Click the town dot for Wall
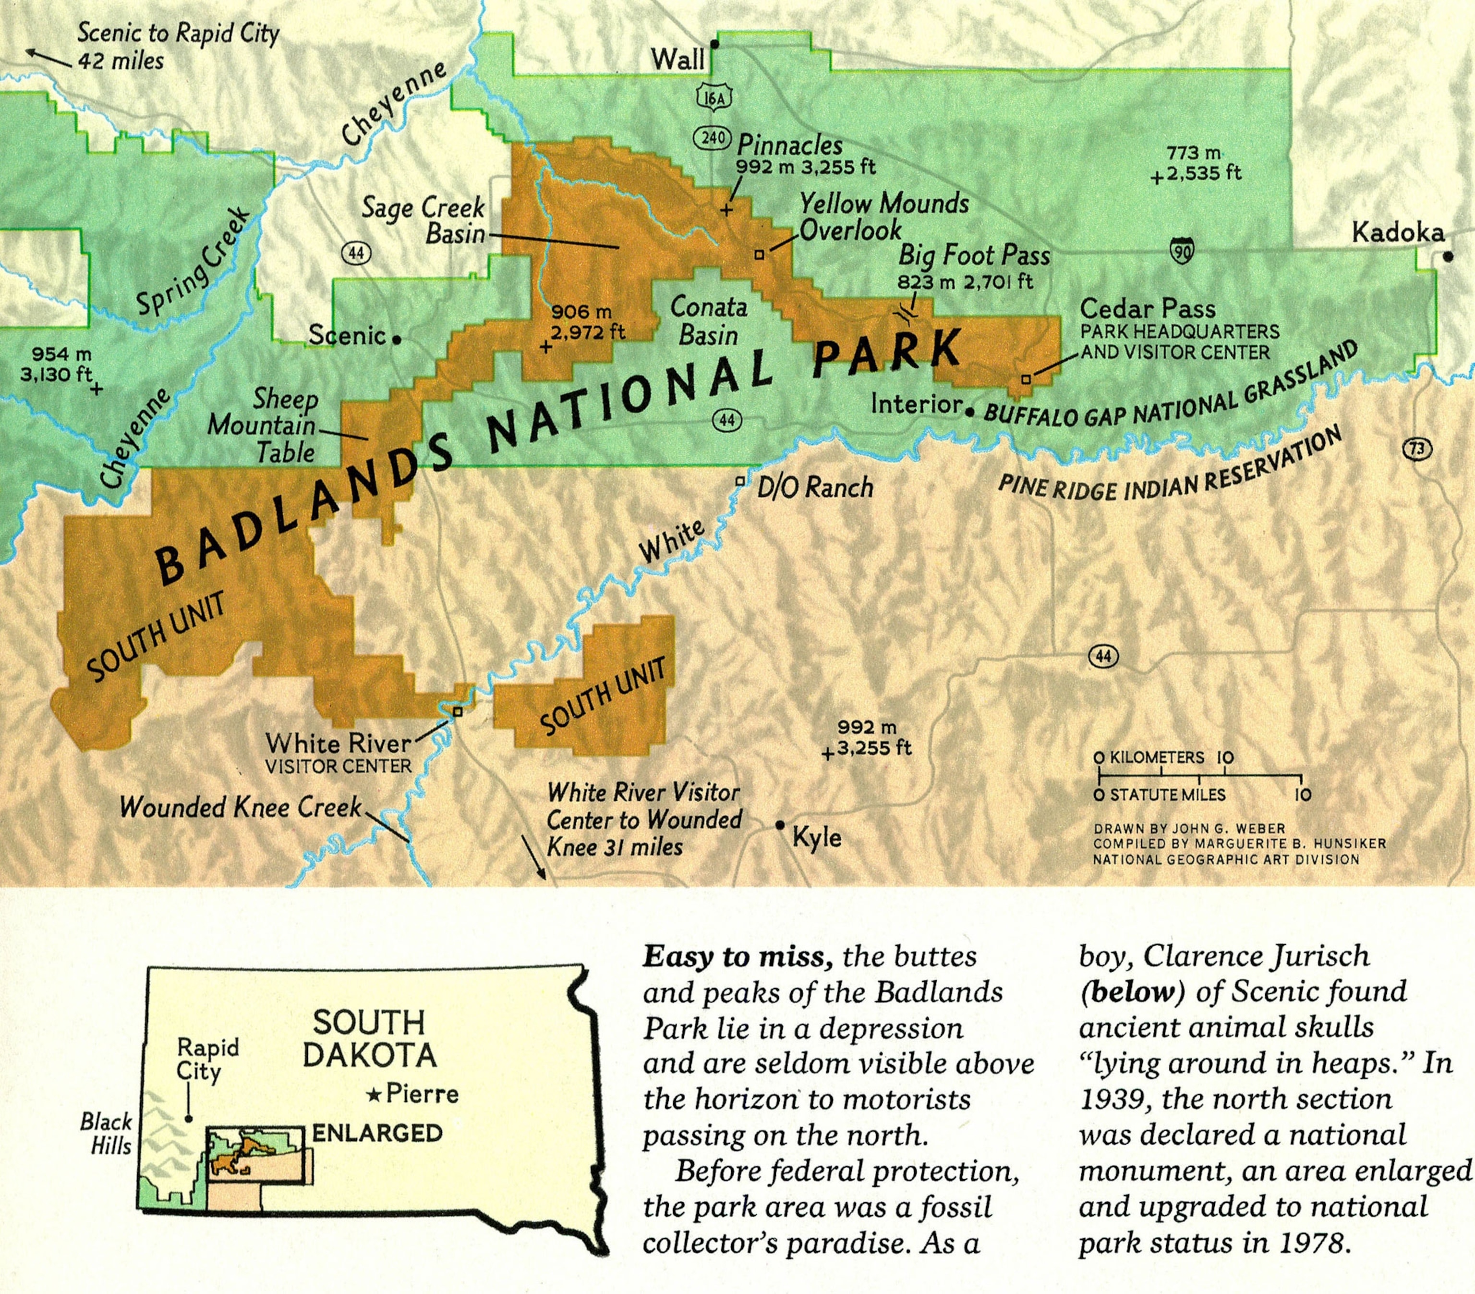[714, 45]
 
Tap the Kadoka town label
[1398, 232]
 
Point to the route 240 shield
[713, 137]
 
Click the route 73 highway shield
[1417, 449]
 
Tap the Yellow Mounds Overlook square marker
[759, 254]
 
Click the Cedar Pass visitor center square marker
[1026, 379]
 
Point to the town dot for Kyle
[780, 825]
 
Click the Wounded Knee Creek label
[240, 806]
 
